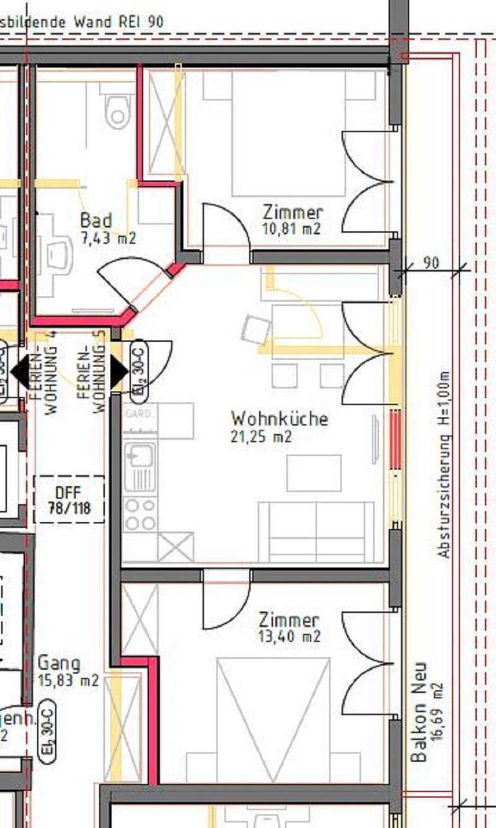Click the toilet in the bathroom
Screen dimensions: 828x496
118,112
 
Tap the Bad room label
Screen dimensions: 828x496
96,221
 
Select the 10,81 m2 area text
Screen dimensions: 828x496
292,229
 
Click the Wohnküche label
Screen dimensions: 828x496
279,418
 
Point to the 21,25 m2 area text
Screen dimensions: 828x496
261,437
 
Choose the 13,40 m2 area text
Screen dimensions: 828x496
289,636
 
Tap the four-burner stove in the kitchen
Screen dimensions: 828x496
139,514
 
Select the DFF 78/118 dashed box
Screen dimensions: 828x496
69,499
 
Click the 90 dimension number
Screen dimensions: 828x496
431,262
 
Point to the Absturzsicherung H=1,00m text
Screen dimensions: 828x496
444,465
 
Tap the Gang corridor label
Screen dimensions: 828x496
59,663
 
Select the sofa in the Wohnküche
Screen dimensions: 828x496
316,532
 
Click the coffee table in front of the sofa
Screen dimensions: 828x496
314,473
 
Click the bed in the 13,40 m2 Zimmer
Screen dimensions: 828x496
273,719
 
